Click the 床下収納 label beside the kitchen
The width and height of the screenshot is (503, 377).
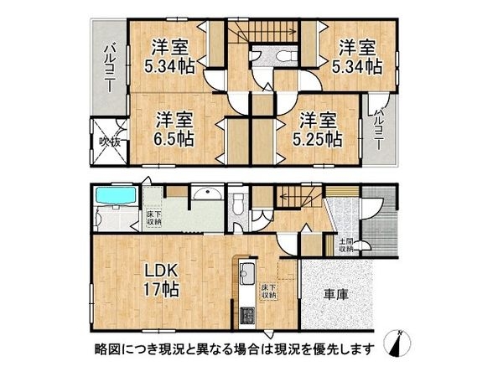pos(269,292)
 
